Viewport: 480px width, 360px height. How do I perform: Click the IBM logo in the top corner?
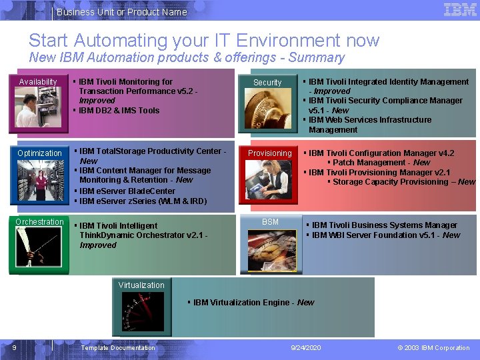click(x=460, y=10)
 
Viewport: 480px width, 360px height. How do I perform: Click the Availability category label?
click(x=38, y=82)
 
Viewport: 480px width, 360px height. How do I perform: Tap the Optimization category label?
click(x=39, y=153)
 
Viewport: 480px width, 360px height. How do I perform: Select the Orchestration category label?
click(x=40, y=222)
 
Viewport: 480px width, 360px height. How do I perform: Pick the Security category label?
click(x=267, y=83)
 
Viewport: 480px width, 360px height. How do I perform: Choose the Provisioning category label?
click(x=270, y=153)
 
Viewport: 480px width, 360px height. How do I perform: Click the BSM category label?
click(x=270, y=222)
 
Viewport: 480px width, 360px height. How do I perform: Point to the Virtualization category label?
click(x=141, y=285)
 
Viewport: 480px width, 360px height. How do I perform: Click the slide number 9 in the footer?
click(x=14, y=347)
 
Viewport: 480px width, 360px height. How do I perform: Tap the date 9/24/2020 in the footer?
click(x=306, y=348)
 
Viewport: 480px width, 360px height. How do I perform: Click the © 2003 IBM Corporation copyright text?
click(x=433, y=348)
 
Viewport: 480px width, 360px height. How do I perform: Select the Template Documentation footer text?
click(x=118, y=348)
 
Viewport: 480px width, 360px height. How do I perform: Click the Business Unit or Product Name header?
click(x=122, y=12)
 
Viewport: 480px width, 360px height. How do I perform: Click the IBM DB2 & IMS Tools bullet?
click(x=119, y=111)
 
